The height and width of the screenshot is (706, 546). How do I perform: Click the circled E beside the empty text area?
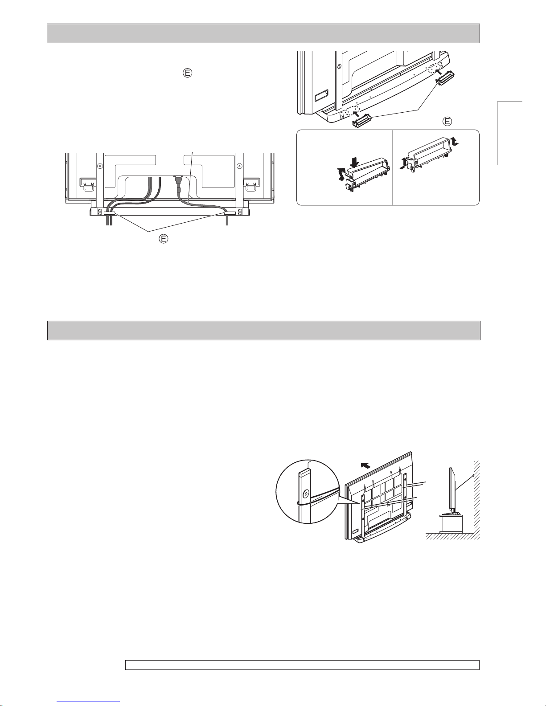click(x=188, y=73)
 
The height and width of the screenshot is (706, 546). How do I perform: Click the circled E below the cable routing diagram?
click(x=164, y=239)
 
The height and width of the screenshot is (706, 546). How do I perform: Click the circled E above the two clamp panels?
click(x=447, y=122)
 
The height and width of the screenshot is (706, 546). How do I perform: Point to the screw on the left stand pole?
click(x=100, y=166)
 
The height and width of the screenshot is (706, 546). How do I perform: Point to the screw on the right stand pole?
click(x=239, y=166)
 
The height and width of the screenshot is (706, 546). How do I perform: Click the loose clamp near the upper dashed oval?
click(x=446, y=78)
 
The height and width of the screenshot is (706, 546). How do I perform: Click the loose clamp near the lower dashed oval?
click(x=362, y=119)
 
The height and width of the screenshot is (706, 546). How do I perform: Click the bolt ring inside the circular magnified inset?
click(x=306, y=494)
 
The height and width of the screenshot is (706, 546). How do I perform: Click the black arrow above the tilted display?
click(x=365, y=466)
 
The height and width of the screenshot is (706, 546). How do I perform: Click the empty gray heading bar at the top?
click(x=263, y=33)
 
